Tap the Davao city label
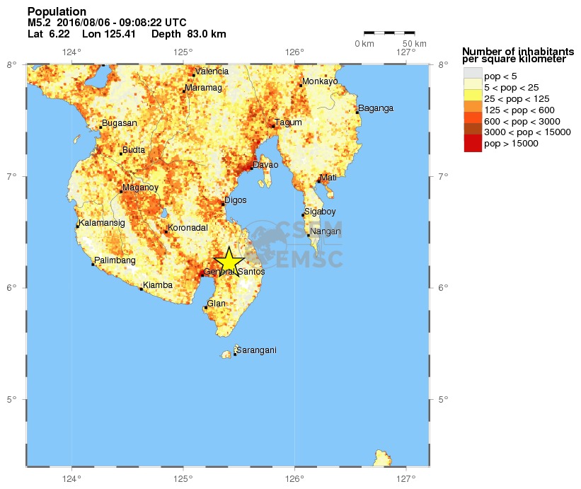(265, 165)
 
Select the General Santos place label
(234, 272)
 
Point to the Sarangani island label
(255, 350)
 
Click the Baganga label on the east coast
(375, 108)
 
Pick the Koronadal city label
(187, 228)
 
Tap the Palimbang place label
(115, 260)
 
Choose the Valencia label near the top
(212, 71)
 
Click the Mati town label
(328, 177)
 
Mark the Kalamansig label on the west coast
(103, 223)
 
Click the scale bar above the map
(389, 33)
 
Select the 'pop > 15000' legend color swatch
(473, 144)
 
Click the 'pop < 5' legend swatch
(473, 73)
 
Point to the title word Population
(57, 11)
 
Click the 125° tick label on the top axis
(183, 51)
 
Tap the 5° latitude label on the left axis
(13, 400)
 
